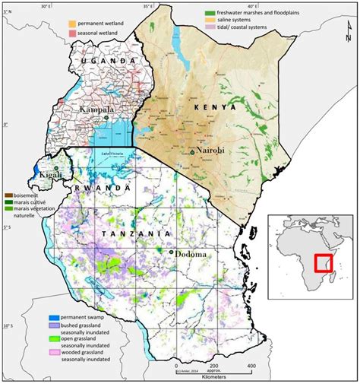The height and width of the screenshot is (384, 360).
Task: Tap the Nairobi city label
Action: tap(211, 151)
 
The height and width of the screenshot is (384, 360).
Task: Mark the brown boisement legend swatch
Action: tap(8, 195)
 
